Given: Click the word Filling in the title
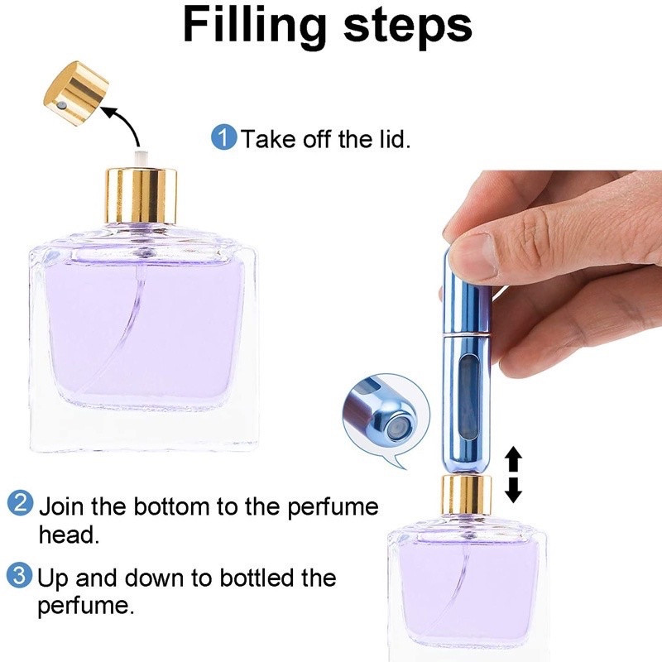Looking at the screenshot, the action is tap(256, 27).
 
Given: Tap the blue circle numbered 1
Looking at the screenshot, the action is tap(223, 137).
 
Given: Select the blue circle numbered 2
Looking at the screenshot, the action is tap(20, 503).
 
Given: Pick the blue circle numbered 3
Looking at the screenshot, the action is tap(19, 575).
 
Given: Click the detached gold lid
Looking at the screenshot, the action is tap(76, 93).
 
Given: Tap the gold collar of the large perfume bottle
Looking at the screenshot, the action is tap(141, 195).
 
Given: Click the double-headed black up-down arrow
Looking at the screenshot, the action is tap(513, 474).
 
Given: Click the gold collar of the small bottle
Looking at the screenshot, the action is tap(466, 494).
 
